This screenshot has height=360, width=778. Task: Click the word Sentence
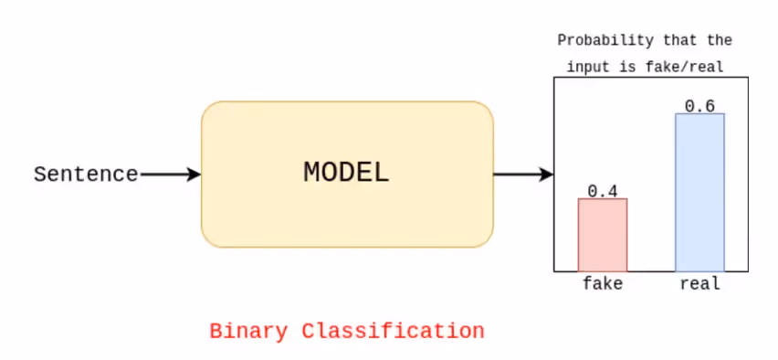tap(86, 174)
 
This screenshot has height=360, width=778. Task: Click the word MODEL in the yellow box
tap(346, 172)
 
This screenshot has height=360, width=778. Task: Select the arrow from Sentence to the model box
tap(169, 174)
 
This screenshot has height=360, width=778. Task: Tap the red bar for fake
tap(602, 235)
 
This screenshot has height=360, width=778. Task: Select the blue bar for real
tap(699, 192)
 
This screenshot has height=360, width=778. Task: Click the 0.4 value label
tap(603, 191)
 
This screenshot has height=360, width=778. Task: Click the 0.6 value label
tap(699, 106)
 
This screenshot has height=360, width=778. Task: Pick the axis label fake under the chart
tap(603, 283)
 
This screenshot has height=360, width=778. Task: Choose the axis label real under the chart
tap(699, 283)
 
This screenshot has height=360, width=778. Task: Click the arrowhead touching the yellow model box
tap(194, 174)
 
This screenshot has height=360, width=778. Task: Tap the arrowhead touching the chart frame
tap(547, 174)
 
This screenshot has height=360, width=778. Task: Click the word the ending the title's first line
tap(720, 41)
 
